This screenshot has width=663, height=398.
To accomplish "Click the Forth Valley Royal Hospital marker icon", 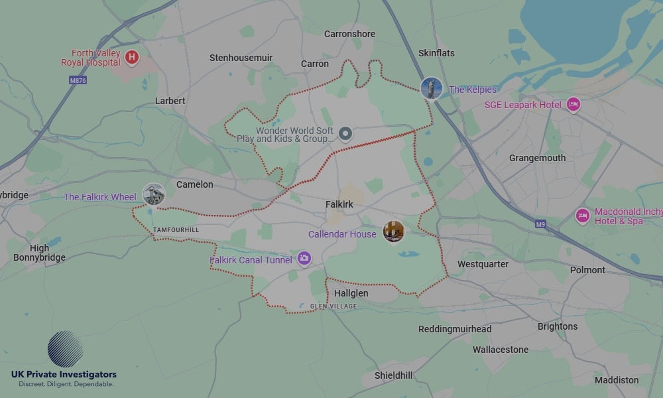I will (x=132, y=58).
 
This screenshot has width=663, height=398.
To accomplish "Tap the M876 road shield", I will (x=78, y=80).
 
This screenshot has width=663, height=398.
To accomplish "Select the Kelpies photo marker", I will (x=432, y=88).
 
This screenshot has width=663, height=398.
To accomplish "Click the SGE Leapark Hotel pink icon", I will (x=573, y=105).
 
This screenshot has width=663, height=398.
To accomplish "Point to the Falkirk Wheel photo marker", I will (x=153, y=194).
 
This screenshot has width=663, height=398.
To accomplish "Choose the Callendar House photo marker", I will (x=393, y=232).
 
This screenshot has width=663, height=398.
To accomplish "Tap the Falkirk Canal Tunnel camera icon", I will (x=304, y=258).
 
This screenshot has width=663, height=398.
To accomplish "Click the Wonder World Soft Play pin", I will (x=345, y=135).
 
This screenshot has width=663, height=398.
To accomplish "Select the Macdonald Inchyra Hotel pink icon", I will (x=583, y=216).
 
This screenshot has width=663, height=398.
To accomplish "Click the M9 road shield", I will (x=540, y=224).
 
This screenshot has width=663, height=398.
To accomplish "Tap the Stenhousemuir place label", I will (x=241, y=58).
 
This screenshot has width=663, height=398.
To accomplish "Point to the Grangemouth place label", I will (x=537, y=158).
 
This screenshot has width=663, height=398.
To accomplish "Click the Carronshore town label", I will (x=349, y=34).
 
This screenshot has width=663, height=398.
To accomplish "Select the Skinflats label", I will (x=436, y=53).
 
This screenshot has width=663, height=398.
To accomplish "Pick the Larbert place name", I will (x=170, y=101).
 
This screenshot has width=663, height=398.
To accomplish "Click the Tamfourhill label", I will (x=176, y=230).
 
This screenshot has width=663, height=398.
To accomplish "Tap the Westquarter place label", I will (x=483, y=264).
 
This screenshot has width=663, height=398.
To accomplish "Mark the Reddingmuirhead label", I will (x=455, y=329).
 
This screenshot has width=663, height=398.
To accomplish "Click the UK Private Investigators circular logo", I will (x=65, y=350).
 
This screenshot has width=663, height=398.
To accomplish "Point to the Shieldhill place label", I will (x=393, y=375).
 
